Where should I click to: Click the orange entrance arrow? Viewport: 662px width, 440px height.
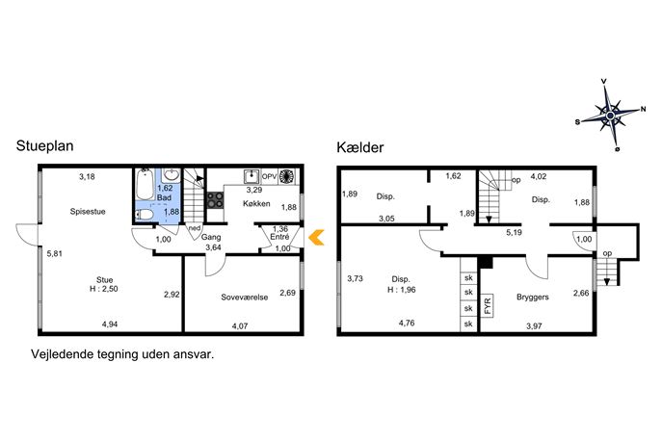pyautogui.click(x=316, y=237)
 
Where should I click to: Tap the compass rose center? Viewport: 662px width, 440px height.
pyautogui.click(x=610, y=116)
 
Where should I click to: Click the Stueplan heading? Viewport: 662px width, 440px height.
pyautogui.click(x=44, y=146)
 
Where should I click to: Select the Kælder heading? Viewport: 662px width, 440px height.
pyautogui.click(x=360, y=147)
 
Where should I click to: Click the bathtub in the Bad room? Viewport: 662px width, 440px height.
pyautogui.click(x=146, y=184)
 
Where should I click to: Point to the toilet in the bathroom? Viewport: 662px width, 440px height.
pyautogui.click(x=144, y=215)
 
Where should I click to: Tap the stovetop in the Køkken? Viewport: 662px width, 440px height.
pyautogui.click(x=215, y=200)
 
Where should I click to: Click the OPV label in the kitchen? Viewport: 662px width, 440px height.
pyautogui.click(x=270, y=176)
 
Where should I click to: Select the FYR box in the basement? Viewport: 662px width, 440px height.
pyautogui.click(x=488, y=305)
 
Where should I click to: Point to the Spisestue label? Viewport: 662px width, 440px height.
pyautogui.click(x=88, y=212)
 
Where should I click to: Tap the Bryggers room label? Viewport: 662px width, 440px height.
pyautogui.click(x=533, y=297)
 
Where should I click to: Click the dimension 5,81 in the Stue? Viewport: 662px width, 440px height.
pyautogui.click(x=55, y=254)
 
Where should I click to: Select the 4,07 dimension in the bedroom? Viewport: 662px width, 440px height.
pyautogui.click(x=240, y=326)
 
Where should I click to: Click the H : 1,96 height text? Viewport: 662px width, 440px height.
pyautogui.click(x=402, y=290)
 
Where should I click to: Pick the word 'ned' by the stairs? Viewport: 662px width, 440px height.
pyautogui.click(x=195, y=228)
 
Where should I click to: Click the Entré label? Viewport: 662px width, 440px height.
pyautogui.click(x=279, y=238)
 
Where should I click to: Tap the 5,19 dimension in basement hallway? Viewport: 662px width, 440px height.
pyautogui.click(x=515, y=232)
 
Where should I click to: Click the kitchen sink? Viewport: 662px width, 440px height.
pyautogui.click(x=252, y=176)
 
